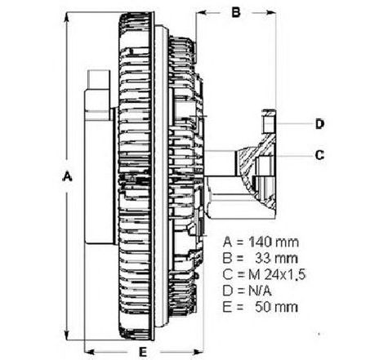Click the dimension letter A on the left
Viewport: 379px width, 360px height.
point(67,176)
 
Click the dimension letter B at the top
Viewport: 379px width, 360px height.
point(236,12)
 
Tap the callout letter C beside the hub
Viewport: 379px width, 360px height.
point(319,155)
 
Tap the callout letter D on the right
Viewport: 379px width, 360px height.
point(319,124)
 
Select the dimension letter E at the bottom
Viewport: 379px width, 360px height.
point(143,352)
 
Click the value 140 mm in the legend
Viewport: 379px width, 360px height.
point(274,242)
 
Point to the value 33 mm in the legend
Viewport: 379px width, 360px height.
point(276,258)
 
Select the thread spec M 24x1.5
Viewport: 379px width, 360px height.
point(277,274)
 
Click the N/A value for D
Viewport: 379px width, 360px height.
point(260,291)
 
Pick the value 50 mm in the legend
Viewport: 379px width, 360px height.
point(276,307)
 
